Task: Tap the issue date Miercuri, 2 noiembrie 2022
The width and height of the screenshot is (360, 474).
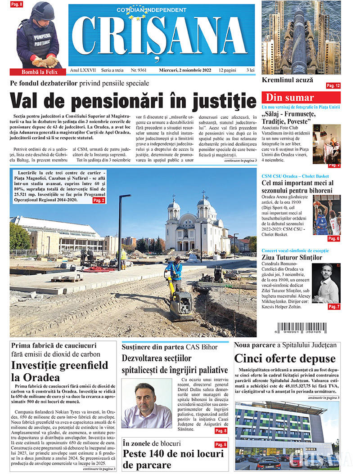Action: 185,71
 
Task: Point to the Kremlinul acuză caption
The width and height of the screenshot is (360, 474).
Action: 287,80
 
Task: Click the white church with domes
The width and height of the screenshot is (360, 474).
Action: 197,226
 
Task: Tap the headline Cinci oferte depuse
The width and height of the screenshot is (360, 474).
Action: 284,358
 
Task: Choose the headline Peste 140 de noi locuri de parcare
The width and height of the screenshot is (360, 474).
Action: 173,459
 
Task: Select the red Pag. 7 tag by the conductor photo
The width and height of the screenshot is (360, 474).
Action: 333,306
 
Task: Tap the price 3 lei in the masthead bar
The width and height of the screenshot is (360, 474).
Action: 251,71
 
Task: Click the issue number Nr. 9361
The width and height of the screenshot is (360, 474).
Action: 139,71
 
